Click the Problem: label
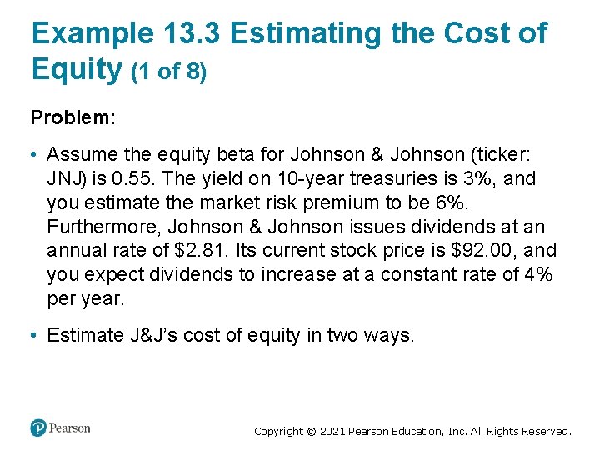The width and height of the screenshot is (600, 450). (x=72, y=117)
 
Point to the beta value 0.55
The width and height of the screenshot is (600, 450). (x=127, y=178)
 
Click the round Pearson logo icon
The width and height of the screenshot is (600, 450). (x=38, y=428)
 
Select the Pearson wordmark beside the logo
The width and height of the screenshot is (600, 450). (x=69, y=428)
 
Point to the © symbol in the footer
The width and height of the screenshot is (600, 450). (x=310, y=432)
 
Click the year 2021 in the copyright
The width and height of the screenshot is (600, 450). (x=332, y=432)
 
